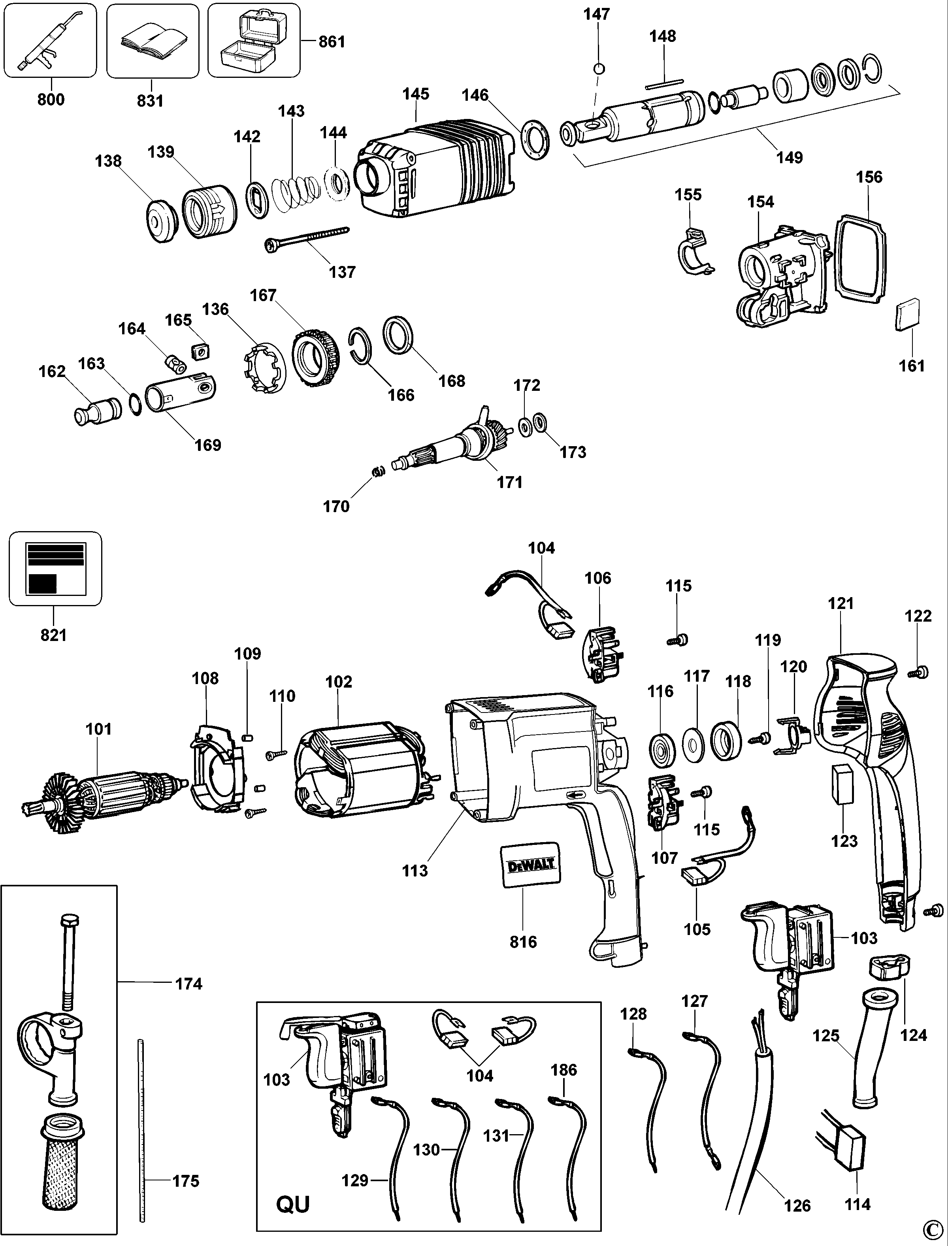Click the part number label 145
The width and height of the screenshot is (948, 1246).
pos(415,94)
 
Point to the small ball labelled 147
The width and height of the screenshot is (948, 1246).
pos(599,69)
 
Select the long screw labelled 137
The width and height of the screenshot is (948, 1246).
pos(307,238)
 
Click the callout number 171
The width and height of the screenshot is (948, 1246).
pos(509,482)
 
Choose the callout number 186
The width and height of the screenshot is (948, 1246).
pos(564,1069)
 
